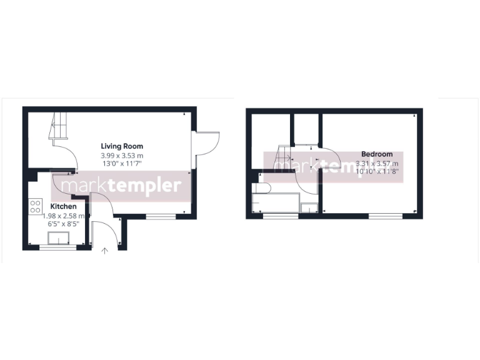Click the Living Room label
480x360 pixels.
pyautogui.click(x=122, y=146)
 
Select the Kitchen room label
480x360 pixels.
pyautogui.click(x=64, y=206)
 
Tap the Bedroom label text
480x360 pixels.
pyautogui.click(x=377, y=154)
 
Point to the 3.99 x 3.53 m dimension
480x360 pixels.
pyautogui.click(x=122, y=156)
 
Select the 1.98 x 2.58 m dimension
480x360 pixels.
pyautogui.click(x=64, y=214)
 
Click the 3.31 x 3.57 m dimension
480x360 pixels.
pyautogui.click(x=377, y=163)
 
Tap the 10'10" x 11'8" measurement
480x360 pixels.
pyautogui.click(x=377, y=171)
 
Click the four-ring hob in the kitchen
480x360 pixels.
pyautogui.click(x=35, y=207)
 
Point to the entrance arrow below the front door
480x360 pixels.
pyautogui.click(x=105, y=251)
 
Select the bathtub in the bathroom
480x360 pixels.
pyautogui.click(x=275, y=203)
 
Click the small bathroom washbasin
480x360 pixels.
pyautogui.click(x=309, y=207)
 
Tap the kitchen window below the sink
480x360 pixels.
pyautogui.click(x=57, y=248)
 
